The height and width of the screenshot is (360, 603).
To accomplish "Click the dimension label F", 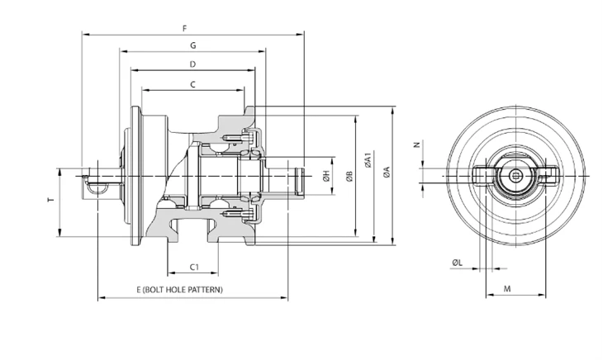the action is pyautogui.click(x=185, y=28).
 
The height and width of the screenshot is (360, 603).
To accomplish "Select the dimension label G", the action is pyautogui.click(x=193, y=45).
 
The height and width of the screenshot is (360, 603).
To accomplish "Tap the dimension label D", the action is pyautogui.click(x=193, y=64).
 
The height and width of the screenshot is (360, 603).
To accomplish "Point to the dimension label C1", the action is pyautogui.click(x=195, y=267).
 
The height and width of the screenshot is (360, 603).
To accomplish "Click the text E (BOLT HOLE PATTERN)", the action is pyautogui.click(x=179, y=289).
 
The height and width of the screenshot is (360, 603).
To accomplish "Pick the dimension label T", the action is pyautogui.click(x=50, y=200).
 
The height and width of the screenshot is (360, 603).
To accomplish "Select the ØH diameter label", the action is pyautogui.click(x=326, y=177).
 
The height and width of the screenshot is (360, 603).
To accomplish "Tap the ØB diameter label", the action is pyautogui.click(x=349, y=177).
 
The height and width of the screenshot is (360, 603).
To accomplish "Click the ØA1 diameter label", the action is pyautogui.click(x=368, y=160).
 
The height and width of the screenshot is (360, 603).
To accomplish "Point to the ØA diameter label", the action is pyautogui.click(x=387, y=172).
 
